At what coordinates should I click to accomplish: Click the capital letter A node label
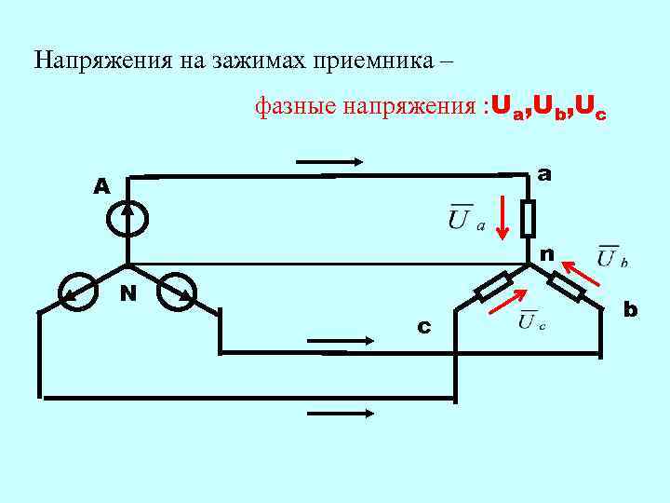101,186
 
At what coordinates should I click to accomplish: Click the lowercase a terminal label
543,174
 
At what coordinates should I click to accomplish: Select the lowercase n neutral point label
546,253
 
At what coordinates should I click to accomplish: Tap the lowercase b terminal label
630,308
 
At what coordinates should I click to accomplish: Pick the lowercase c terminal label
423,326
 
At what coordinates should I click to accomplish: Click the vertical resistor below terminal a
528,218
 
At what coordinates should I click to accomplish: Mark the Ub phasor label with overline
611,256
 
